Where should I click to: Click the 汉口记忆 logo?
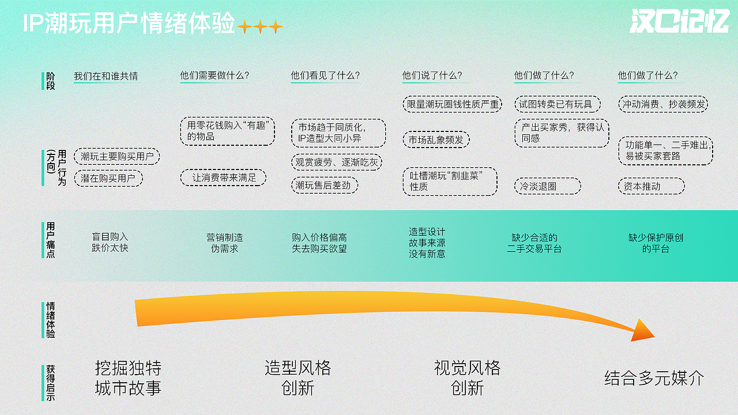tap(679, 22)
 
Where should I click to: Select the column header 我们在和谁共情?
tap(106, 76)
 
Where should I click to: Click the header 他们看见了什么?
tap(325, 76)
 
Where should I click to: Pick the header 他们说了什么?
tap(432, 76)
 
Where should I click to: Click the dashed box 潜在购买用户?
tap(108, 179)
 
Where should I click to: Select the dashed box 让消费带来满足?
tap(224, 178)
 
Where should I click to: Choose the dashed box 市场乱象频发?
tap(436, 139)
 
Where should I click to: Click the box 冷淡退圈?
tap(547, 186)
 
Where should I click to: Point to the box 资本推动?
tap(650, 186)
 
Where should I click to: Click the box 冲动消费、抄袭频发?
tap(664, 104)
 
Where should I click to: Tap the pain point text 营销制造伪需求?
tap(224, 243)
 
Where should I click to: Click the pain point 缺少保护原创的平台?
tap(656, 243)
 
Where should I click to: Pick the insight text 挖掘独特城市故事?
tap(128, 378)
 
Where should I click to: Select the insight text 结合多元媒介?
tap(654, 378)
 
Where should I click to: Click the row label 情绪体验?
tap(51, 320)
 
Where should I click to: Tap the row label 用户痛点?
tap(51, 240)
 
